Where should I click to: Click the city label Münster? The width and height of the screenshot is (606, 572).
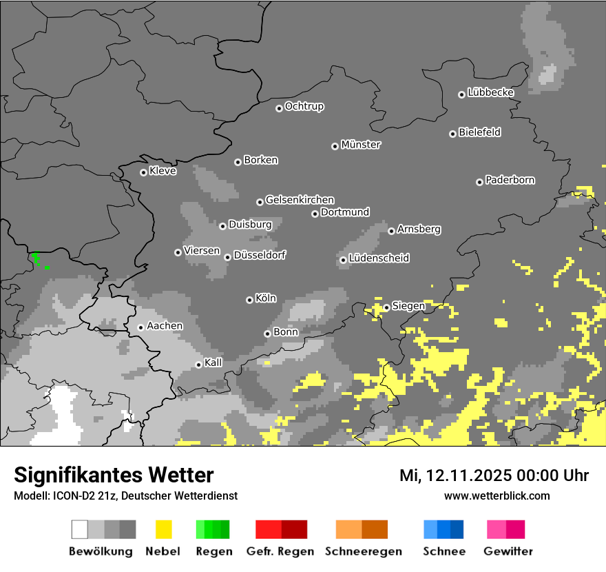click(361, 145)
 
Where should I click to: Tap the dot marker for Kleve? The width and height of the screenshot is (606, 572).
click(143, 172)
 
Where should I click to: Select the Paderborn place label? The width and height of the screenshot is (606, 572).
click(510, 180)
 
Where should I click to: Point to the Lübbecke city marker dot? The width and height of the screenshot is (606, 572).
click(461, 94)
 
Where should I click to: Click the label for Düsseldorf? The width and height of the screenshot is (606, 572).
click(260, 255)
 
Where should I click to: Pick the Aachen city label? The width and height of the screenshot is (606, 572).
click(165, 326)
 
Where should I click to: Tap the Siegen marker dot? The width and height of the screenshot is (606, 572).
click(386, 307)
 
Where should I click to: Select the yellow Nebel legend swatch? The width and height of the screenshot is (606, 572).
click(163, 529)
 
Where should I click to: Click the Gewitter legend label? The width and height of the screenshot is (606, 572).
click(508, 551)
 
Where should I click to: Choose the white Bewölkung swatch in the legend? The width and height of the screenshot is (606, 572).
click(80, 529)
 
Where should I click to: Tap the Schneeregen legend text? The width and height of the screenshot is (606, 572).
click(363, 551)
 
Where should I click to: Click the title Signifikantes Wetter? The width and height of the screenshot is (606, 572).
click(114, 475)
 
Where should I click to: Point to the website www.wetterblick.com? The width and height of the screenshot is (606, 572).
click(497, 496)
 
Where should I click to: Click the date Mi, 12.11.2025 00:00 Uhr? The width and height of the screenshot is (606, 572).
click(494, 476)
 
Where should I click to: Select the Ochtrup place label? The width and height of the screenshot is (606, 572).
click(304, 106)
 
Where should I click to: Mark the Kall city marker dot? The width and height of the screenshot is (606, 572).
click(198, 365)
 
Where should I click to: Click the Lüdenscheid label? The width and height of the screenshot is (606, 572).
click(379, 258)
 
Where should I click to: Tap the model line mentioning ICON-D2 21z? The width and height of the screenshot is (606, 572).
click(125, 496)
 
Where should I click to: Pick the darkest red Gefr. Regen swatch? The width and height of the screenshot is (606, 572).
click(294, 529)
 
